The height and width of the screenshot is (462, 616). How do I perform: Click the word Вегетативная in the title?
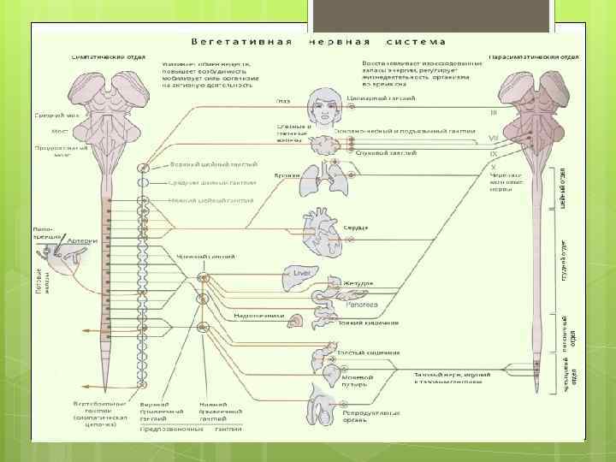coord(242,40)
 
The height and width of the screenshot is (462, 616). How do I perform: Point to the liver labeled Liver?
coord(300,272)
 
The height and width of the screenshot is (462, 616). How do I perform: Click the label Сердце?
coord(357,228)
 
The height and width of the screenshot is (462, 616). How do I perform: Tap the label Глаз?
coord(282,100)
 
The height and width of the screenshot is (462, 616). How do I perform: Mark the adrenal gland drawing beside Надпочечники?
coord(296,322)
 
